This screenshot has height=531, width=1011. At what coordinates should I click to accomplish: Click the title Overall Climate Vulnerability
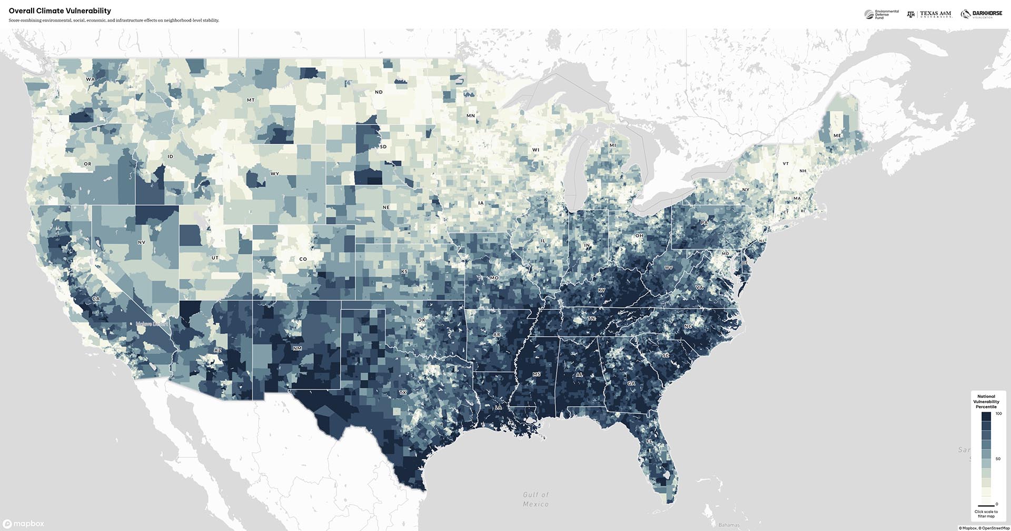coord(60,11)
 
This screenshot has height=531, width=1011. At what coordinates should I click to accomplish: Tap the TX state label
coord(403,393)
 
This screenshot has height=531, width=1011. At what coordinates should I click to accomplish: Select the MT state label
coord(251,100)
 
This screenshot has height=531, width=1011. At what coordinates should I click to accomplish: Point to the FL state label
coord(649,442)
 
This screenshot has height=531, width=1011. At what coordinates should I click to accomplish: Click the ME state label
coord(837,136)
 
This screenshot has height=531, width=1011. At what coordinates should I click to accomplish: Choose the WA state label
coord(90,79)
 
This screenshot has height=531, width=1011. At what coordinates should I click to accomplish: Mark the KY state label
coord(601,290)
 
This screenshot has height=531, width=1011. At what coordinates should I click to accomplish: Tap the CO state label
coord(303,259)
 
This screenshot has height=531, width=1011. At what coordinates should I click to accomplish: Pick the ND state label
coord(379,92)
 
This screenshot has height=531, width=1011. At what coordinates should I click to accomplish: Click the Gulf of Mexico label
coord(536,499)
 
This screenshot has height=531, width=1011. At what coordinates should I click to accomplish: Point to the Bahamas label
coord(729,525)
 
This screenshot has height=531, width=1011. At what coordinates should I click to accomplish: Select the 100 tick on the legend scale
coord(998,414)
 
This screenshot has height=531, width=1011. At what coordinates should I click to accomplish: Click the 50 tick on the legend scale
coord(998,459)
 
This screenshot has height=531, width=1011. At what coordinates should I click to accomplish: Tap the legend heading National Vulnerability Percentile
coord(986,402)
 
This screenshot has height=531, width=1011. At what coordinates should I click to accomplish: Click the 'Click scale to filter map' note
coord(986,514)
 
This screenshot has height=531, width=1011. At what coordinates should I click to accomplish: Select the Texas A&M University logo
coord(929,14)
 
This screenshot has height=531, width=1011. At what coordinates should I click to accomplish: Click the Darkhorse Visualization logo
coord(981,14)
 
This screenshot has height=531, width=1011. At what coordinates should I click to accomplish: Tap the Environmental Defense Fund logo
coord(881,14)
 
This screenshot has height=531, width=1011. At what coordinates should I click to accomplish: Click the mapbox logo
coord(24,524)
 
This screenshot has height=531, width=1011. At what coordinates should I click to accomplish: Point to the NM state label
coord(297,348)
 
